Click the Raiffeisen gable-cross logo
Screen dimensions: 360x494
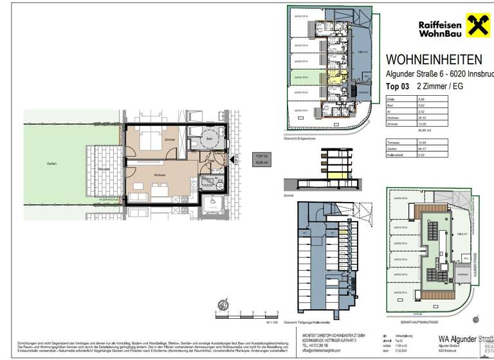coord(475,27)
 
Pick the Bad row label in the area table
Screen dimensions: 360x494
coord(390,105)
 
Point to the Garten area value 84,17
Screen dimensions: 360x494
coord(421,148)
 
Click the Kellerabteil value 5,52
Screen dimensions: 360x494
coord(421,155)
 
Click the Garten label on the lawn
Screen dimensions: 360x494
coord(51,163)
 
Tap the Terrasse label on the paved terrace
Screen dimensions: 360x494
coord(103,169)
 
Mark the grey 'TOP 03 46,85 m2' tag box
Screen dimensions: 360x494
coord(261,158)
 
